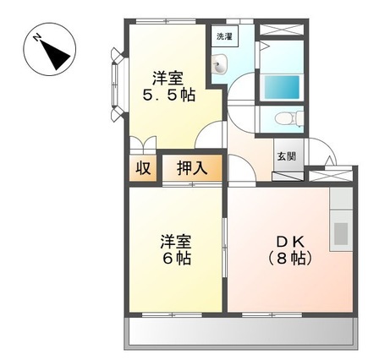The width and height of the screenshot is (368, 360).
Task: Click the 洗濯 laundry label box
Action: coord(222,36)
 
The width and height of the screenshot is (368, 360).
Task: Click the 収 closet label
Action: coord(143,166)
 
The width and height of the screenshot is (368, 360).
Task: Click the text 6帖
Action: coord(176,258)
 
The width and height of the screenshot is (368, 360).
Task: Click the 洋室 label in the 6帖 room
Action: coord(176,239)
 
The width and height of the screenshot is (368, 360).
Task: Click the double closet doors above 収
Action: coord(143,145)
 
